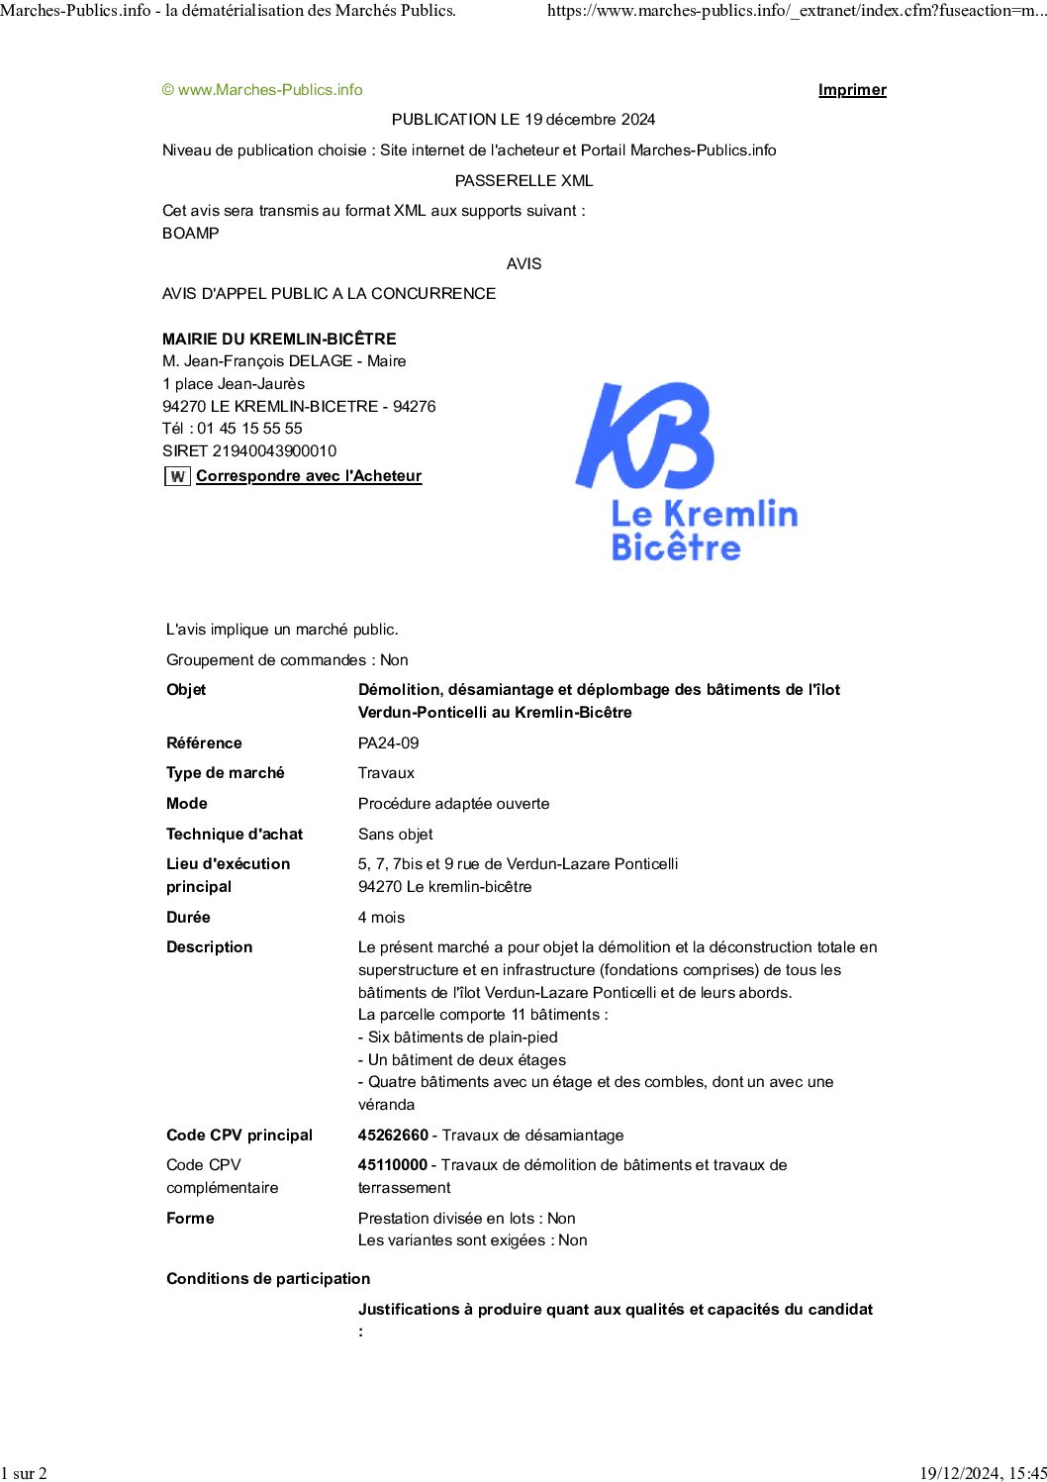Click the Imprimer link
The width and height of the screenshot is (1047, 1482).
[x=852, y=90]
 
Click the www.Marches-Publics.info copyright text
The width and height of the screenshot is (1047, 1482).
[x=262, y=90]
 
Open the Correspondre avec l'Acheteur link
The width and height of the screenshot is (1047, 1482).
[x=309, y=476]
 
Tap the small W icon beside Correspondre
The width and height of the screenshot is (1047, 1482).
[x=177, y=476]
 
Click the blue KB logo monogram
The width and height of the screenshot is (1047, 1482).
[x=645, y=436]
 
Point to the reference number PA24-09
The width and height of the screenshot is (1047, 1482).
[x=388, y=742]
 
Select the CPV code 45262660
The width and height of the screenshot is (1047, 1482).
[x=393, y=1135]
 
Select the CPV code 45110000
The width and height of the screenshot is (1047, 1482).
[x=393, y=1165]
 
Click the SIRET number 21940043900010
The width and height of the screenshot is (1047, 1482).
[x=274, y=451]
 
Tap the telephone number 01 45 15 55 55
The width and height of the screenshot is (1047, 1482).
[x=249, y=429]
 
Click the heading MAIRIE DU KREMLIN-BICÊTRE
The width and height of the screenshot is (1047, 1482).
[x=279, y=339]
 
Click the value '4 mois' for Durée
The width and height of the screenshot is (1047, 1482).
[x=381, y=918]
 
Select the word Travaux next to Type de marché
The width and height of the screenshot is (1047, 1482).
[x=386, y=773]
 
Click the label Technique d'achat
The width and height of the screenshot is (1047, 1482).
[x=235, y=835]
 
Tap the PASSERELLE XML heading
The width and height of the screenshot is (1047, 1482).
[x=523, y=181]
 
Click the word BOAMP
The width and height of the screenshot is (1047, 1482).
[x=191, y=234]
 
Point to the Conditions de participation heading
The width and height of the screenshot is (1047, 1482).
[x=268, y=1279]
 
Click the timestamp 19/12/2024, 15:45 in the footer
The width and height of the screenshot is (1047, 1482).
[x=983, y=1473]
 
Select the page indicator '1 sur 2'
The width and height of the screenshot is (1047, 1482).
[x=24, y=1473]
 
